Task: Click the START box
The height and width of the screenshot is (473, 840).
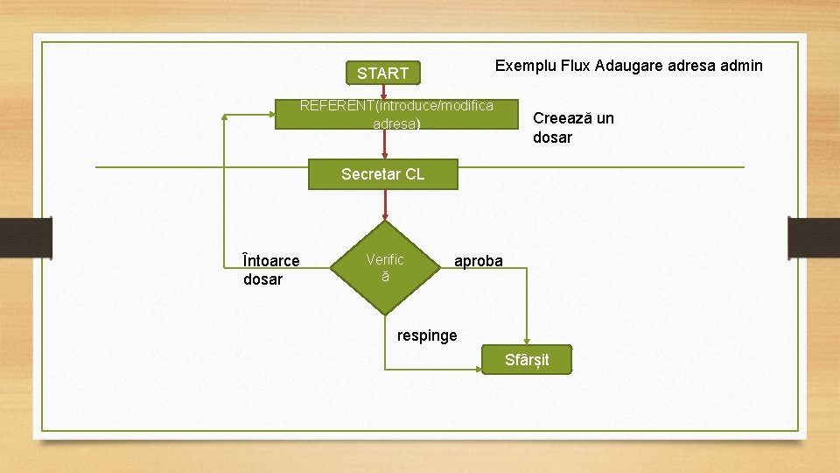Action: (x=382, y=73)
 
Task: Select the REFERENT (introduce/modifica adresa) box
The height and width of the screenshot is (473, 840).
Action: (x=396, y=114)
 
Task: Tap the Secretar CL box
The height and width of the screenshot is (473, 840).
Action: (x=382, y=174)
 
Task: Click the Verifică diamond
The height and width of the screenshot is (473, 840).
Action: (x=384, y=267)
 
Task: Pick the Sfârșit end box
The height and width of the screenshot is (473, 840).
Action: (x=527, y=360)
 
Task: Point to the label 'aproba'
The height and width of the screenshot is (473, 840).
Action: (x=478, y=261)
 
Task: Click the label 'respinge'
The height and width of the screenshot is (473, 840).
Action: (x=427, y=335)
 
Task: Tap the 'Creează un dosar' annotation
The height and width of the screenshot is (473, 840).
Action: (x=573, y=128)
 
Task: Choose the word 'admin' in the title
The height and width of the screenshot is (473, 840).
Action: (x=741, y=66)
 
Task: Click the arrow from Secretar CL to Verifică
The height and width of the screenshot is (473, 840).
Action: (x=383, y=206)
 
